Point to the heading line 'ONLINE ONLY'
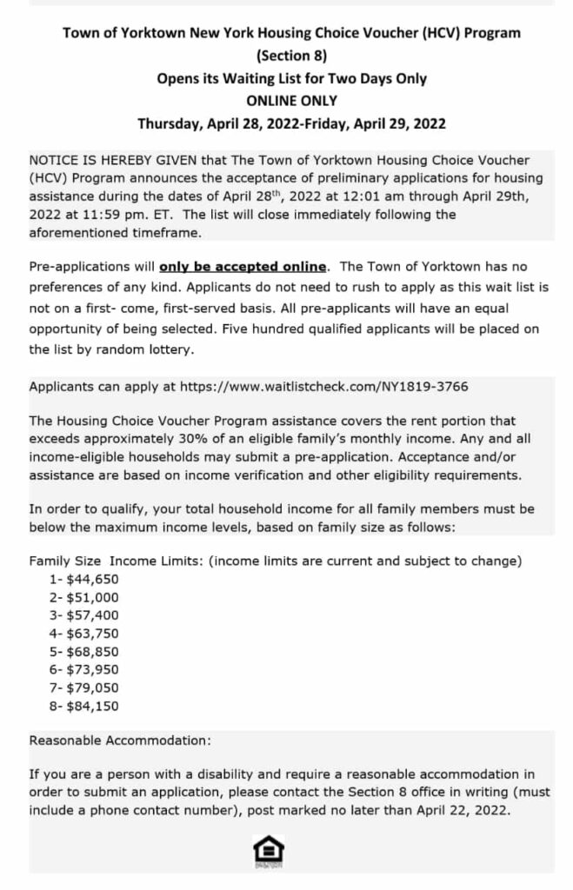coord(292,101)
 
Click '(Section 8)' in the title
coord(292,56)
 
